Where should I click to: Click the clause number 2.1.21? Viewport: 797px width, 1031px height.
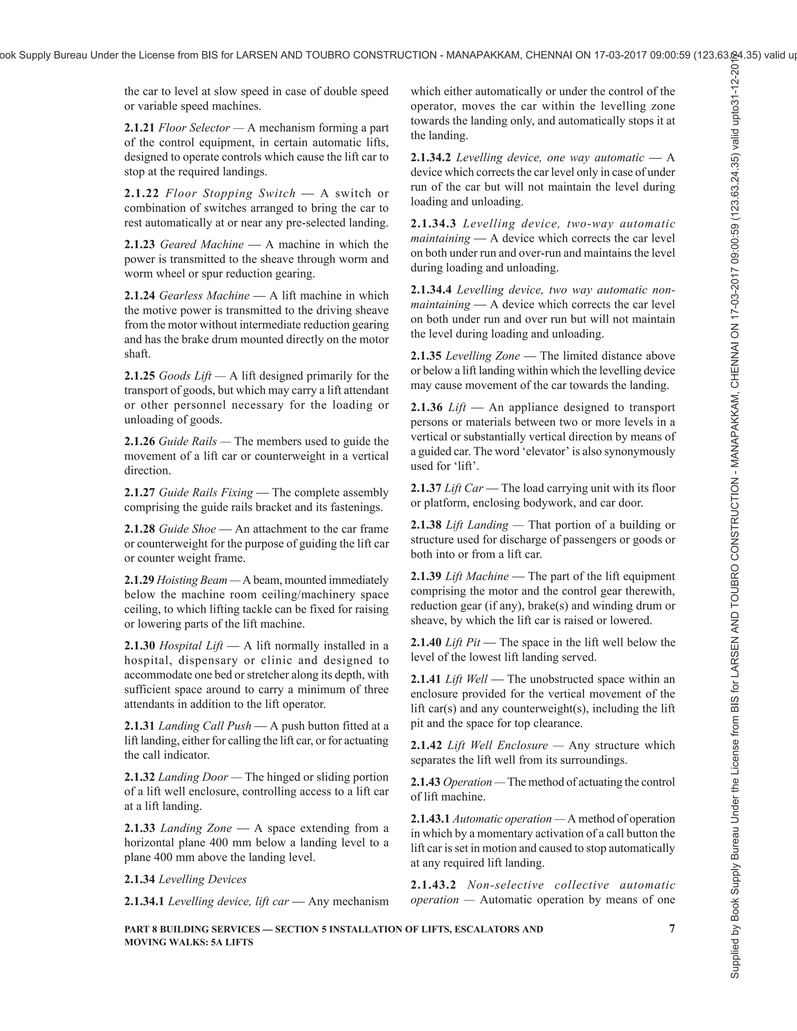point(139,128)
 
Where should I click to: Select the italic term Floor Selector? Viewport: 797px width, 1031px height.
point(194,128)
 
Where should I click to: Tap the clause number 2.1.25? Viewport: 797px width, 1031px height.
point(139,376)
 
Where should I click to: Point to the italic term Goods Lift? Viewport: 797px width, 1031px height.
point(185,376)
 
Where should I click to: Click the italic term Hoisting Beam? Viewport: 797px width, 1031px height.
point(192,580)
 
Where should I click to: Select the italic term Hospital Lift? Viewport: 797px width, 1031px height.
point(191,646)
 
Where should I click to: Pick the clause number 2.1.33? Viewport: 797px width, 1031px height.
point(139,828)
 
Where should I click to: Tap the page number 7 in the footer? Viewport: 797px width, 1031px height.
point(672,929)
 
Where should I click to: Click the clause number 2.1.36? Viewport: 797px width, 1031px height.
point(426,407)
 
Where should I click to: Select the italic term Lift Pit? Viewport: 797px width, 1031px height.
point(463,642)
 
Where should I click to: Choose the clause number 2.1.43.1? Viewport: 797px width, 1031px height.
point(430,819)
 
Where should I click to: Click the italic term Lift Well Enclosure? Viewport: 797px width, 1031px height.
point(497,745)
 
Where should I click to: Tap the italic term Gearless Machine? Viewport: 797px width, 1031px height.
point(204,296)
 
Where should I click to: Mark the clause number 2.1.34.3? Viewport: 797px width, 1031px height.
point(433,224)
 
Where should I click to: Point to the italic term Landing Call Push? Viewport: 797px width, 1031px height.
point(204,726)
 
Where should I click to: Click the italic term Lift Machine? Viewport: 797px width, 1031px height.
point(477,577)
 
